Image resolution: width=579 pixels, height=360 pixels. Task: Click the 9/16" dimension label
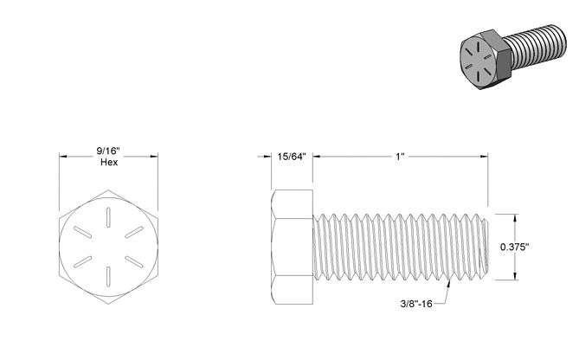click(108, 151)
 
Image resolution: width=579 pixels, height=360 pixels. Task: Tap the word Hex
click(109, 162)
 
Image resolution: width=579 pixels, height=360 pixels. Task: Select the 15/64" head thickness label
click(292, 157)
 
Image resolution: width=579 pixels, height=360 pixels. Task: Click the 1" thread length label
click(400, 157)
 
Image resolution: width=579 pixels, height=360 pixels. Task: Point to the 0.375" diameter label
click(515, 247)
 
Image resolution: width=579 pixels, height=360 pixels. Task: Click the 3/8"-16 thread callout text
click(416, 304)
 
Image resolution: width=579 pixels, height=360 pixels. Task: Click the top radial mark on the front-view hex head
click(108, 217)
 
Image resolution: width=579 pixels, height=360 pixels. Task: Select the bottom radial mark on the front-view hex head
click(108, 276)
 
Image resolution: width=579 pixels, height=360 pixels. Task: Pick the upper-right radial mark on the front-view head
click(134, 232)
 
